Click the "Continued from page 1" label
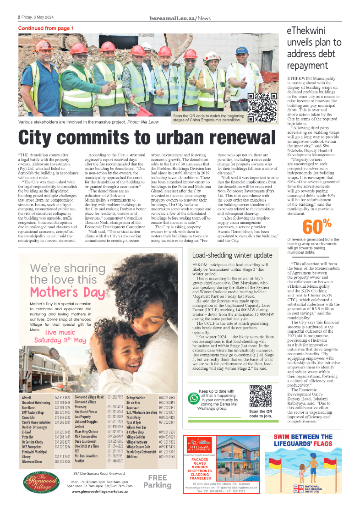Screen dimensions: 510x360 coord(46,28)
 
